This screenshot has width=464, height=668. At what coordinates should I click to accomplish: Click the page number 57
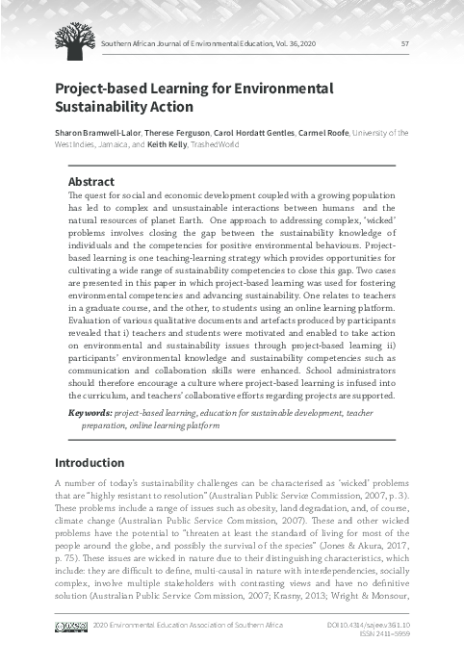click(x=404, y=42)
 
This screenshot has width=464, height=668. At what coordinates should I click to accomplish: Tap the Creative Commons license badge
click(x=71, y=626)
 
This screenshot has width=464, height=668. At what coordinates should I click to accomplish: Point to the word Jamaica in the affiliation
click(x=108, y=144)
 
